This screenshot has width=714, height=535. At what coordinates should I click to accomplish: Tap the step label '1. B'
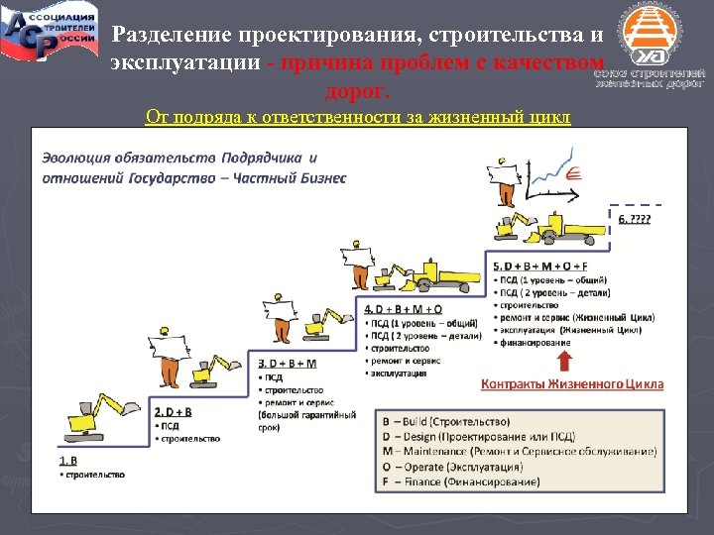pyautogui.click(x=68, y=460)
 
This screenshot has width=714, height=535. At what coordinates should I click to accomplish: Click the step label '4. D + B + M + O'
pyautogui.click(x=404, y=310)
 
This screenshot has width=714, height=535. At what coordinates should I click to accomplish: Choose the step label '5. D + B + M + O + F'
pyautogui.click(x=539, y=267)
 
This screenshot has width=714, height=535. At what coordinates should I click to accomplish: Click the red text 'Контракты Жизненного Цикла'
pyautogui.click(x=572, y=383)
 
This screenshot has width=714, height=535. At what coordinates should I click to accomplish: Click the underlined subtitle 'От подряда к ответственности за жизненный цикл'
pyautogui.click(x=358, y=118)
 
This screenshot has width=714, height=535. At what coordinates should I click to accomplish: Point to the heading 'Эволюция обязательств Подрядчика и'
pyautogui.click(x=179, y=158)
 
